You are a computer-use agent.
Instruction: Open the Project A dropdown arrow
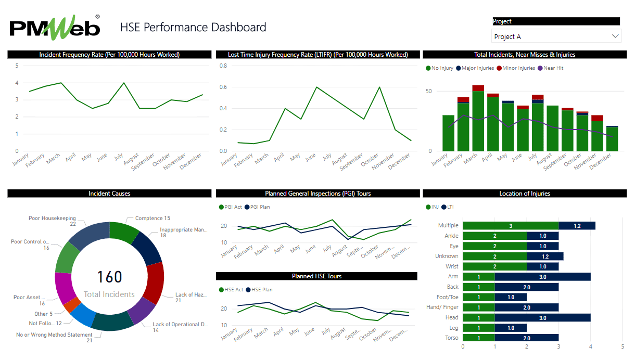click(x=616, y=36)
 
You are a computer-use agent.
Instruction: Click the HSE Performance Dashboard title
click(x=193, y=28)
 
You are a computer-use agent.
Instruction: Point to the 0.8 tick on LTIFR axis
click(x=223, y=66)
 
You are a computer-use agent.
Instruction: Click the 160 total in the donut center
click(x=110, y=277)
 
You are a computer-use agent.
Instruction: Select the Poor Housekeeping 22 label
click(x=52, y=221)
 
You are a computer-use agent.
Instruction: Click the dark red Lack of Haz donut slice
click(x=154, y=284)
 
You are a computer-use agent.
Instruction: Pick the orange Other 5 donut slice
click(x=71, y=305)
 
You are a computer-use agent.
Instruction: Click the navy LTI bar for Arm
click(x=542, y=277)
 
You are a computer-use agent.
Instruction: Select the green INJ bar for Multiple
click(x=510, y=226)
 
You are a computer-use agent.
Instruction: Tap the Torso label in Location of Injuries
click(x=452, y=338)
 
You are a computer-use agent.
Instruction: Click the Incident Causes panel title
click(x=109, y=194)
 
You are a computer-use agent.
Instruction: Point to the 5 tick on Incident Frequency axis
click(x=17, y=66)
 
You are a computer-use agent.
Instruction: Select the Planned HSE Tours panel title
click(x=316, y=276)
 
